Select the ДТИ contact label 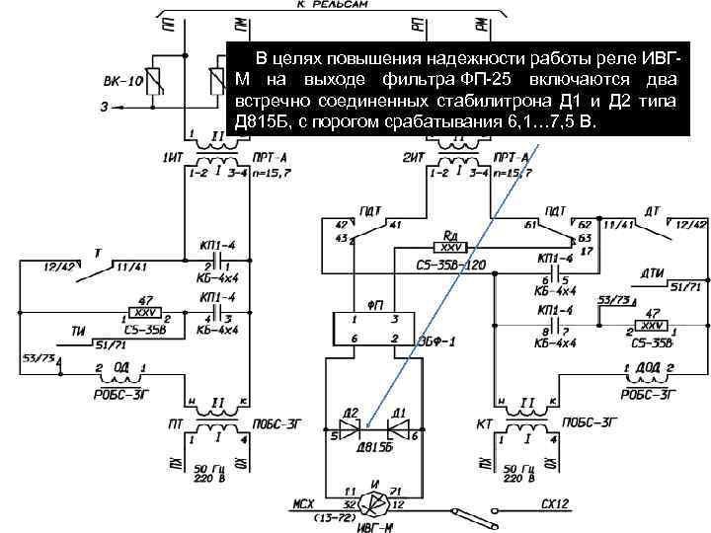(x=652, y=272)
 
